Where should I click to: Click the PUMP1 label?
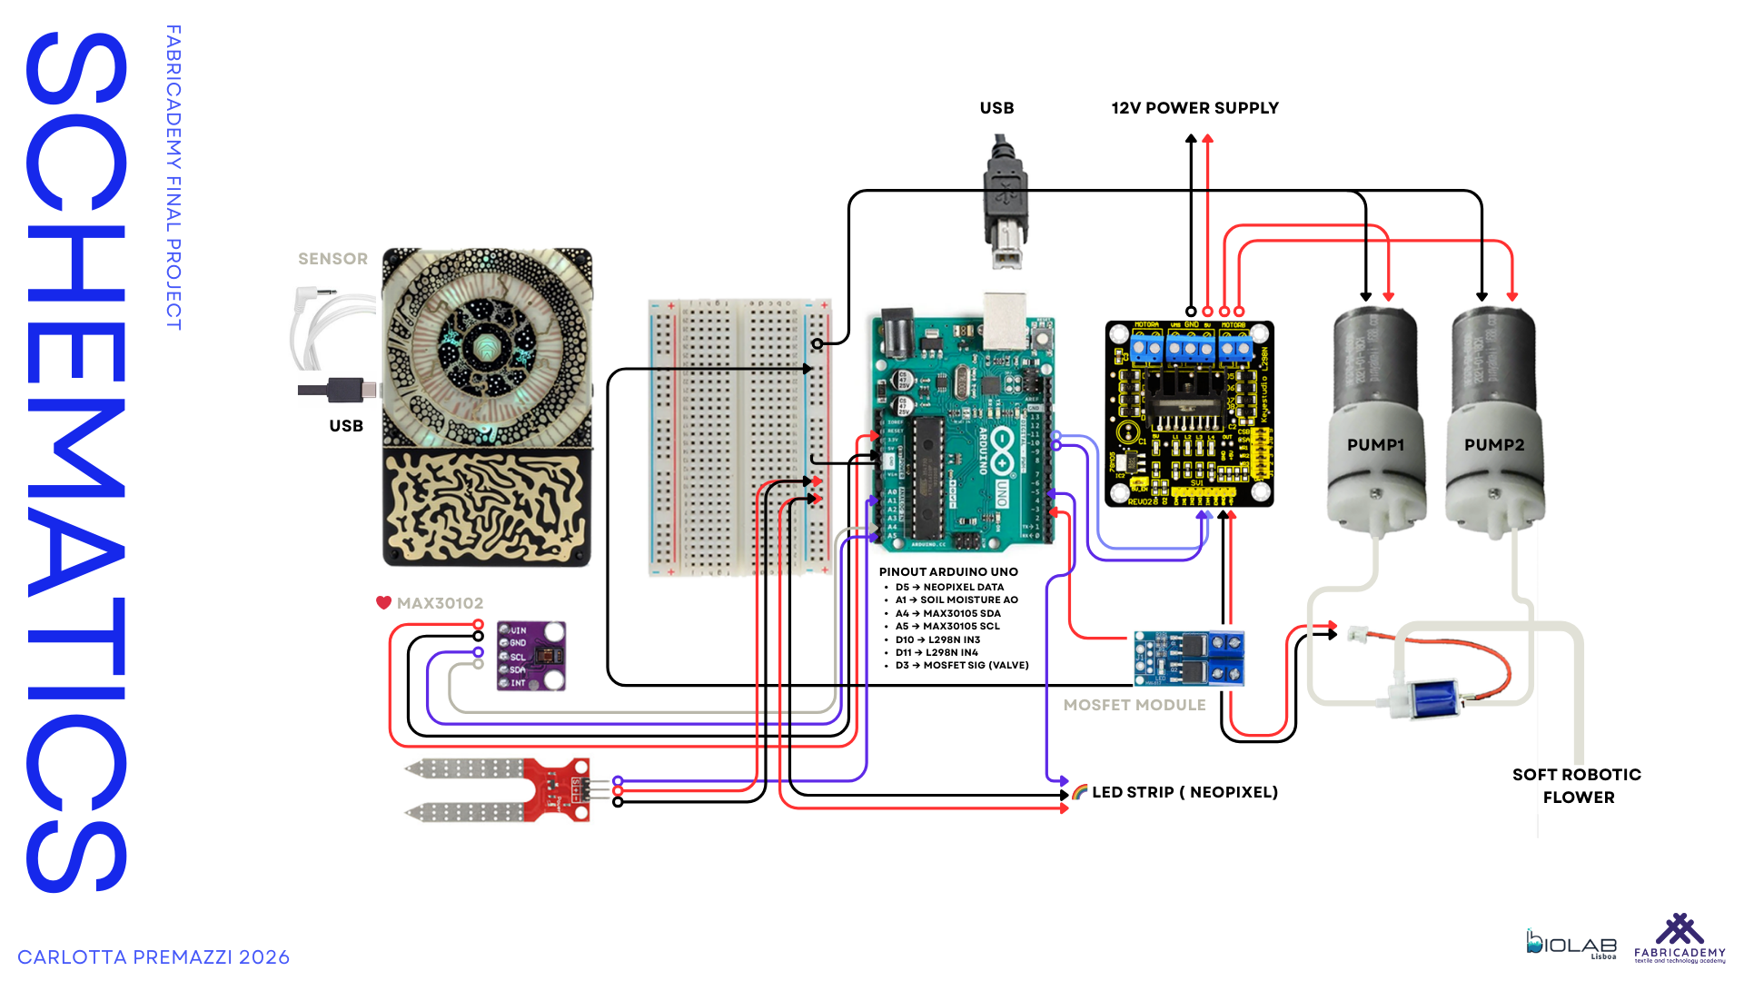coord(1375,445)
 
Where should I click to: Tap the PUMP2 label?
coord(1494,445)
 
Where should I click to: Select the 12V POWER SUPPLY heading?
coord(1194,108)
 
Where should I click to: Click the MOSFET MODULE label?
coord(1135,705)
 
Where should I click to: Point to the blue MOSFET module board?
coord(1188,659)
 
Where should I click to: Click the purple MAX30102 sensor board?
coord(531,656)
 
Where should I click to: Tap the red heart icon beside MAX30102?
coord(383,603)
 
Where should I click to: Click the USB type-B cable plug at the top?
coord(1005,204)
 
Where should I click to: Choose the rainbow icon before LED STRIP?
coord(1079,792)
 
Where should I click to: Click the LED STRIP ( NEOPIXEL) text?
coord(1184,792)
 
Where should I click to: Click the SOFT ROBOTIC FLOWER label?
coord(1577,786)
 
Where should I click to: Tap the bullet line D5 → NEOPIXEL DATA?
coord(949,588)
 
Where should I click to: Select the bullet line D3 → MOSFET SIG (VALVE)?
coord(962,666)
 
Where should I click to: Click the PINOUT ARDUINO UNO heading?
coord(948,572)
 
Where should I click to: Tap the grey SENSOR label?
coord(332,259)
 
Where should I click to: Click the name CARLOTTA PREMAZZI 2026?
coord(154,957)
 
